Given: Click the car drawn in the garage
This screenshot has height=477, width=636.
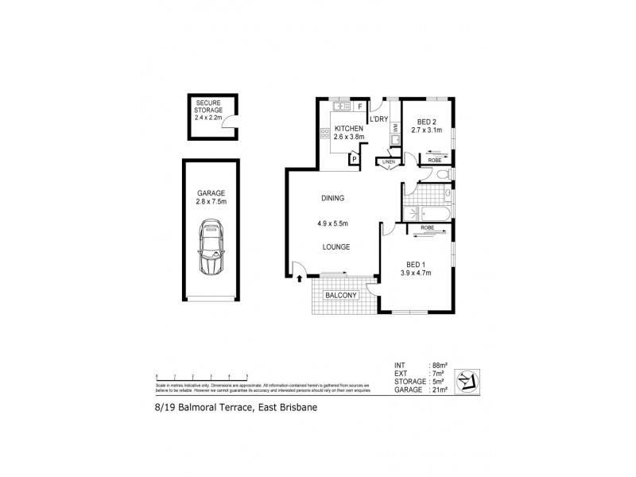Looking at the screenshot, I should click(211, 248).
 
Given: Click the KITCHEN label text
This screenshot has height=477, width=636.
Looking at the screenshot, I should click(349, 128).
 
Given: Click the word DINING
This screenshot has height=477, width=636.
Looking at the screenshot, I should click(332, 198).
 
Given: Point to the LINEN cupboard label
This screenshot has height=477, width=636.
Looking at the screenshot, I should click(389, 162).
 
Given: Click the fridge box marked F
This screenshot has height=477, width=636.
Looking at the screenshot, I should click(360, 106).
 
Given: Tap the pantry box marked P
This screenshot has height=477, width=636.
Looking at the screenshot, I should click(352, 158).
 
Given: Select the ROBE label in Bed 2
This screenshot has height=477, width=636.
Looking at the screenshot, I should click(435, 160).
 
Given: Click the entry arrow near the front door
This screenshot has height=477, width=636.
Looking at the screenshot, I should click(300, 278).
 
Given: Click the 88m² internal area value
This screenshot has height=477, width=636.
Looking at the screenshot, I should click(438, 366).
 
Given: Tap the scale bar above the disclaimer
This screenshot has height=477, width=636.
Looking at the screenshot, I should click(203, 375).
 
